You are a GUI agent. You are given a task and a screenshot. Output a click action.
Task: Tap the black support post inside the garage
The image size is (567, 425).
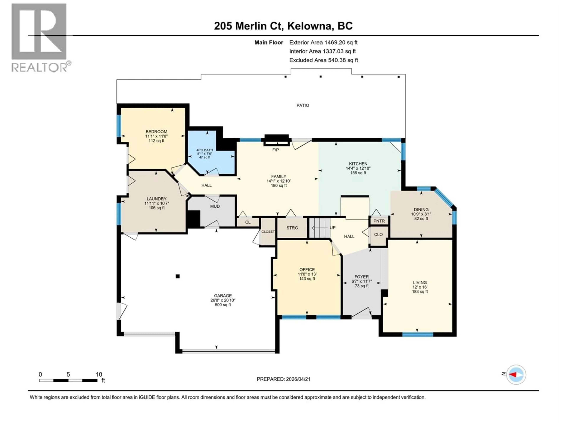tap(177, 276)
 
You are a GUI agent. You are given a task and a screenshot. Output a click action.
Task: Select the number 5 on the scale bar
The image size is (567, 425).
tap(68, 374)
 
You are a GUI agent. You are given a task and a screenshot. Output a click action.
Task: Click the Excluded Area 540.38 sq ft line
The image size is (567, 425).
tap(324, 60)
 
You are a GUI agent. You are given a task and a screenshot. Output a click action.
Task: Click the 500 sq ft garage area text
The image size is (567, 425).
tap(223, 305)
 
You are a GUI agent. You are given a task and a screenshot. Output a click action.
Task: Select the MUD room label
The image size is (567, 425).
tap(215, 206)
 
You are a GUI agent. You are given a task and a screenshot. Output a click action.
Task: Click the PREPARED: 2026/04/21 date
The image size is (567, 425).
tap(283, 379)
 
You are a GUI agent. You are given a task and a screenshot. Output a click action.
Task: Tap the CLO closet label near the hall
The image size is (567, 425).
tap(378, 234)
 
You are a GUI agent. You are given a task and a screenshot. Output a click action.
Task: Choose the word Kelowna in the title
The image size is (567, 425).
tap(309, 26)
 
